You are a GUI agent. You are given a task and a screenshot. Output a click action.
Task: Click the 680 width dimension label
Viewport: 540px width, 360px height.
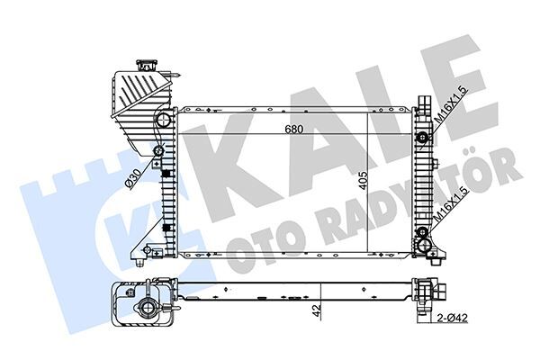tap(294, 129)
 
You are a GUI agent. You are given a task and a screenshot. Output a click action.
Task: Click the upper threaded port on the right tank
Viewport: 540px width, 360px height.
tap(423, 138)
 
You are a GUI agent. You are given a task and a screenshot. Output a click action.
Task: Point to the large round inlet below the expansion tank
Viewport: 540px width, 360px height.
tap(162, 120)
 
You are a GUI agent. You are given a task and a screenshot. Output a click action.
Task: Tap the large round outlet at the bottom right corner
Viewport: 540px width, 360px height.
tap(423, 246)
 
